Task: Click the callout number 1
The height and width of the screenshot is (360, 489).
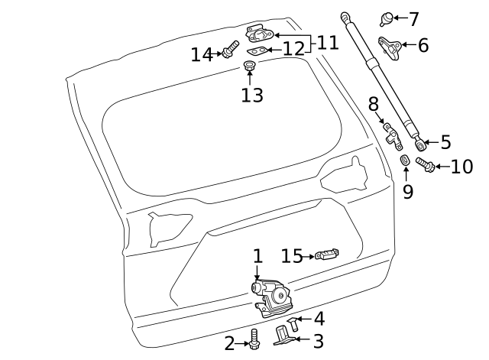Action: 257,257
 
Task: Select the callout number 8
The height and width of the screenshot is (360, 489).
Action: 374,104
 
